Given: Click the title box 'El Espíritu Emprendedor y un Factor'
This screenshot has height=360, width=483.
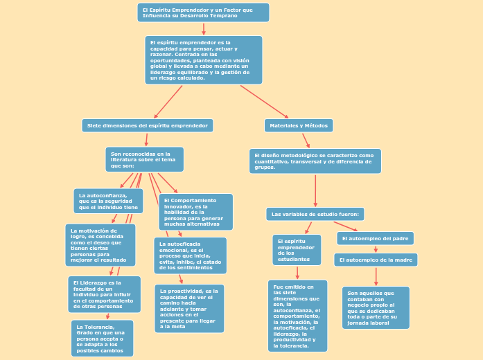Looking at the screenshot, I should coord(203,12).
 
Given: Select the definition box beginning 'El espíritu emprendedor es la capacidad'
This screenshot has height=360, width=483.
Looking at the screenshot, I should coord(203,60).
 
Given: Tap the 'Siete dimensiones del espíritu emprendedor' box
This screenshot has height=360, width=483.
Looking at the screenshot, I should coord(147,125).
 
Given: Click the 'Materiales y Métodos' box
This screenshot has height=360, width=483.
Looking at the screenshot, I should coord(298,125).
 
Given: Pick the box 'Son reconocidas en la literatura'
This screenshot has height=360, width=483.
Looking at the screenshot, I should coord(144,159).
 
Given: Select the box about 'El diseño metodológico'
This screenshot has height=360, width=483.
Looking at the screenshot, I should coord(315,161).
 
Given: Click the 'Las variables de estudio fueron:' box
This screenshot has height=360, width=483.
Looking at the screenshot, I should coord(315,214).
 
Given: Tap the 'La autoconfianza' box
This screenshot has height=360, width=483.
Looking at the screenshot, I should coord(108,201).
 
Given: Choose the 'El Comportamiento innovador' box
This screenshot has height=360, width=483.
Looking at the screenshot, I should coord(195,212).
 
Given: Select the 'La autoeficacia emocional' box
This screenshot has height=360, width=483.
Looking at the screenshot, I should coord(190,255).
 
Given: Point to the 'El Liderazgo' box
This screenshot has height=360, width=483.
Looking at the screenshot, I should coord(104,294).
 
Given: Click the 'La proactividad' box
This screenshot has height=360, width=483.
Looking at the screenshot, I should coord(189,309).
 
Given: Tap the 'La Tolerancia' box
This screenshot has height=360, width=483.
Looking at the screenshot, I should coord(102,338).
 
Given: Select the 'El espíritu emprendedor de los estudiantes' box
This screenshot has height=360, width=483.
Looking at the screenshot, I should coord(297,250).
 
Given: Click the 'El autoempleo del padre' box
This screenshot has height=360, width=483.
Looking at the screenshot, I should coord(375,238).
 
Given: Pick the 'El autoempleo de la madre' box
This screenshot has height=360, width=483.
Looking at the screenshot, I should coord(375,260).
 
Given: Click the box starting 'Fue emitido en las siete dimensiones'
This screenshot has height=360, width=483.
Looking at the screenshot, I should coord(297,316).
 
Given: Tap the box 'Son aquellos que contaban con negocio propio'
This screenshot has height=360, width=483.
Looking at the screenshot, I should coord(376,307).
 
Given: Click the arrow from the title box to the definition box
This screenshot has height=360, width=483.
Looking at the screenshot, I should coord(204,29).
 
